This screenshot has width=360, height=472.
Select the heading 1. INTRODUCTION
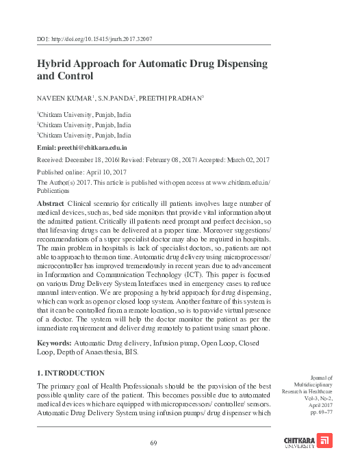coord(70,373)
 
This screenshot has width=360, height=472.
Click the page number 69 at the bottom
coord(154,444)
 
